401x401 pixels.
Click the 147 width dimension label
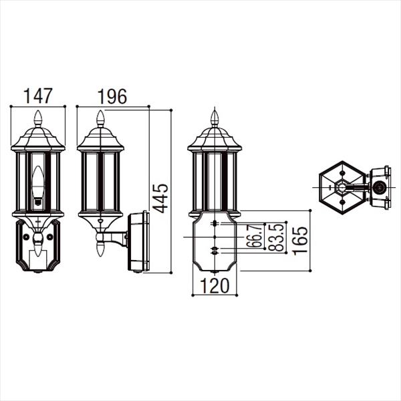pyautogui.click(x=38, y=96)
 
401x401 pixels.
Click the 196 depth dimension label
pyautogui.click(x=112, y=96)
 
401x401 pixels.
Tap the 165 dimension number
pyautogui.click(x=300, y=241)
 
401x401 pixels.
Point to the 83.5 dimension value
pyautogui.click(x=277, y=237)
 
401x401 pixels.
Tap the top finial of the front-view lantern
pyautogui.click(x=38, y=118)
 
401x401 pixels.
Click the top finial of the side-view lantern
pyautogui.click(x=100, y=118)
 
